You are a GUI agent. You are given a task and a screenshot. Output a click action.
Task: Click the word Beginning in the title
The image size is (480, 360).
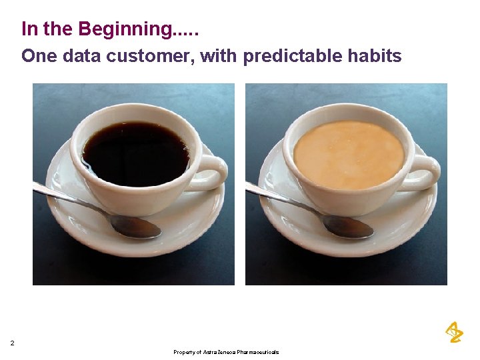[127, 30]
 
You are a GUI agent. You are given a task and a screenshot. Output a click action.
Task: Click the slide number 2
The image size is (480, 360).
[12, 343]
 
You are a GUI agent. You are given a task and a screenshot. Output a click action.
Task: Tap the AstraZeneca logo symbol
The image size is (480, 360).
[453, 332]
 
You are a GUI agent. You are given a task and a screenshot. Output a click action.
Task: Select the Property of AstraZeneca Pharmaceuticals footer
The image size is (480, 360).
[226, 352]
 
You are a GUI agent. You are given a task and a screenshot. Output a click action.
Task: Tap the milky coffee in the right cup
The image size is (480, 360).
[348, 153]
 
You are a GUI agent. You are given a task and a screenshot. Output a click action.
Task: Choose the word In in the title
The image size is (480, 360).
[29, 30]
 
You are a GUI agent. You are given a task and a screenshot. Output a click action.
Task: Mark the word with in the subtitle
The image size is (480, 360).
[218, 56]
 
